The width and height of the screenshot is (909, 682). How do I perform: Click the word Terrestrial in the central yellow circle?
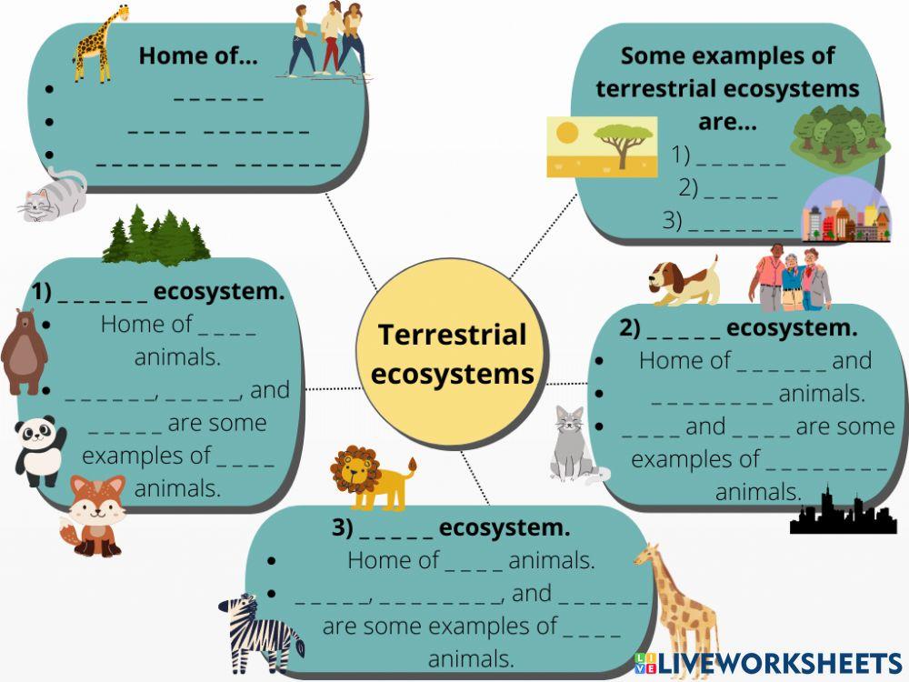tap(452, 335)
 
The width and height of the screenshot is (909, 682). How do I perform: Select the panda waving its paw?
tap(39, 449)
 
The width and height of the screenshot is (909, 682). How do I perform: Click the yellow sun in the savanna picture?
tap(567, 134)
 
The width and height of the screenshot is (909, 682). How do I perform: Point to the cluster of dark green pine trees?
tap(155, 236)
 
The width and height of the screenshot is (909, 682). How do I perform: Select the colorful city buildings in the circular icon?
tap(845, 214)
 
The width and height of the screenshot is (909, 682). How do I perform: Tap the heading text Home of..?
tap(198, 56)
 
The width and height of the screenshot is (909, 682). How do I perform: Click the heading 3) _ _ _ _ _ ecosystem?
tap(451, 528)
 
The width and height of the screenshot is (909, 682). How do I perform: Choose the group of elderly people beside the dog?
tap(791, 278)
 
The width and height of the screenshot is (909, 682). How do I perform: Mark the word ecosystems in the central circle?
tap(453, 374)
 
